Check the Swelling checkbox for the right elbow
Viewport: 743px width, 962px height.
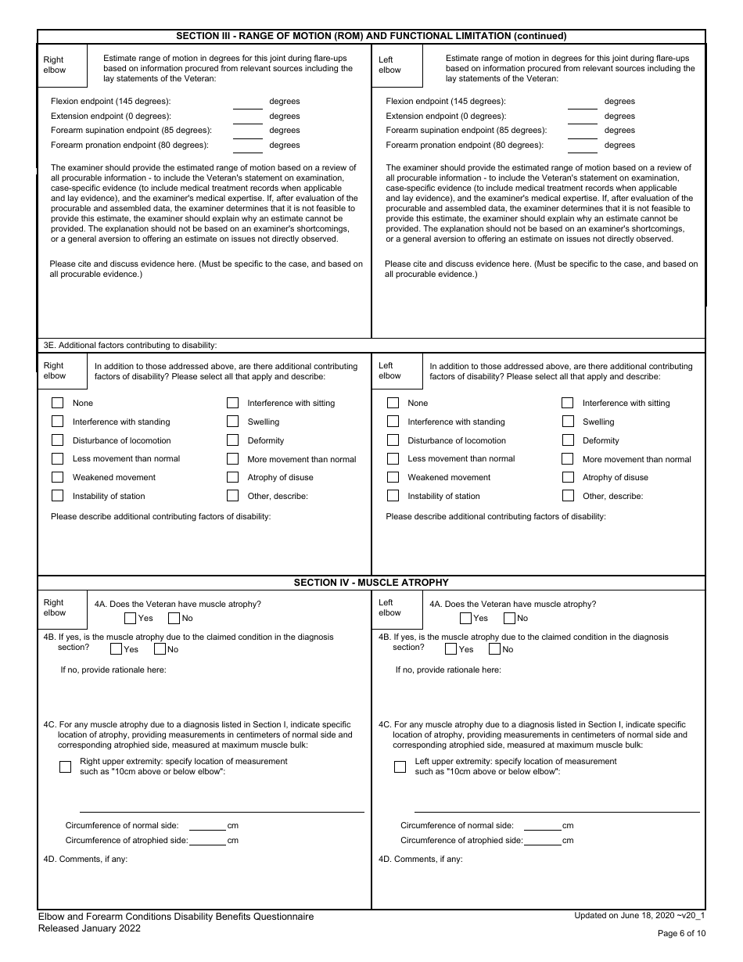(x=232, y=422)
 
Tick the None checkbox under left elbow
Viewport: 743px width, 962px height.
(x=393, y=403)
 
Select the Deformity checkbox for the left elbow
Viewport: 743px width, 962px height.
(x=568, y=440)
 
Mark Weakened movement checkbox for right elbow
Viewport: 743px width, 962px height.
(x=57, y=477)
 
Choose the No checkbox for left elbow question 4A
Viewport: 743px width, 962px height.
(x=510, y=618)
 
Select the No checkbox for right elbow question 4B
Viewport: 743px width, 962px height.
(x=160, y=648)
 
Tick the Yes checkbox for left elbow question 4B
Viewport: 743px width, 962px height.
(x=451, y=648)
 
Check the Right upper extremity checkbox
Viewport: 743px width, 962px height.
(x=66, y=766)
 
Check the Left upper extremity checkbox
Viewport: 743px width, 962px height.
(x=400, y=766)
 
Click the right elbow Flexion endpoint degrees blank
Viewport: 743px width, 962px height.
(x=248, y=102)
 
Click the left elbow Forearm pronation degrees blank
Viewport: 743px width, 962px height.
(x=583, y=146)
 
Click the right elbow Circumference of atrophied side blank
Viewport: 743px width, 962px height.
(x=207, y=841)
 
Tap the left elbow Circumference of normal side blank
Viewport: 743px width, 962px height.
(x=542, y=826)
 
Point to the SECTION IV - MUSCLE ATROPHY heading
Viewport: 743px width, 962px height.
(x=371, y=583)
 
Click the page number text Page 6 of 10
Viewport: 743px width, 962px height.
(x=681, y=933)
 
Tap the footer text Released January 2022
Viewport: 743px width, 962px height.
(x=89, y=928)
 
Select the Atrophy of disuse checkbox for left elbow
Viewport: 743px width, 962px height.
(x=568, y=477)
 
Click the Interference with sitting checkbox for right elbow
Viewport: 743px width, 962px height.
(x=232, y=403)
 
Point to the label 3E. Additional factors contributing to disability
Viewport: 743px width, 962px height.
(x=130, y=345)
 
